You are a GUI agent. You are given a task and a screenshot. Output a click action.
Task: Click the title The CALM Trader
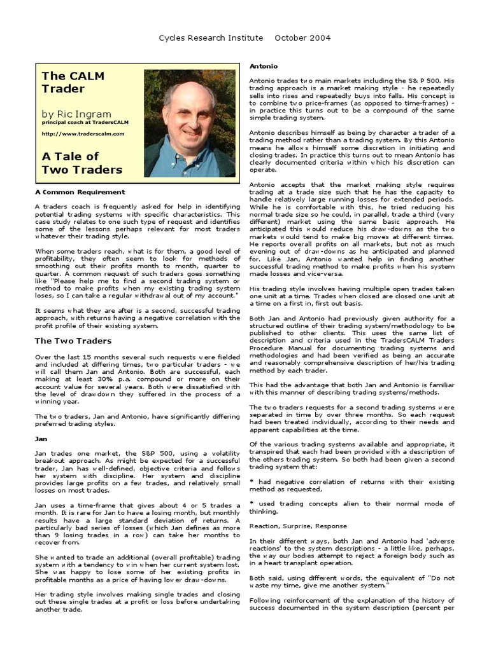tap(73, 82)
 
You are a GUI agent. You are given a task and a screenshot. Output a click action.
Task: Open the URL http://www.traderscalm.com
tap(83, 134)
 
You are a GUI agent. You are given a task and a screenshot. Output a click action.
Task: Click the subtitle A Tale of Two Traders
tap(81, 163)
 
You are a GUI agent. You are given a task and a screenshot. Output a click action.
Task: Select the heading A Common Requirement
tap(80, 191)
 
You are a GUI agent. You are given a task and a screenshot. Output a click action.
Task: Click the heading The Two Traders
tap(73, 341)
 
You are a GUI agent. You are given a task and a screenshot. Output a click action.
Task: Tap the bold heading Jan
tap(39, 438)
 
